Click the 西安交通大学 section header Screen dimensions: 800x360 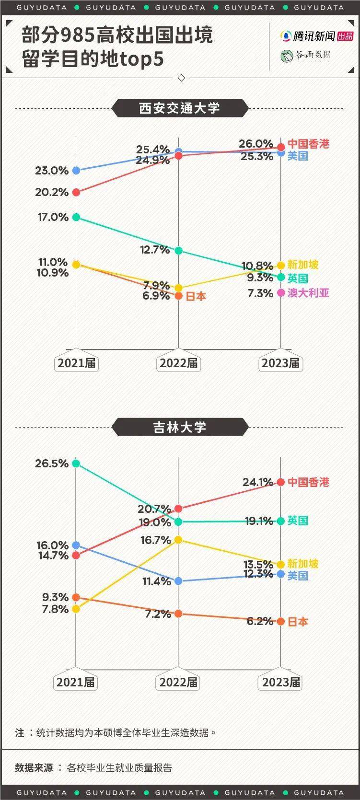click(x=180, y=108)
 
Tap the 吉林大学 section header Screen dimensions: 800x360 click(x=180, y=427)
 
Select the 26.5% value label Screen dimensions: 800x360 click(x=52, y=464)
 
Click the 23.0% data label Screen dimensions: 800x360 click(x=52, y=171)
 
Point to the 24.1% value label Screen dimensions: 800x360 click(x=258, y=482)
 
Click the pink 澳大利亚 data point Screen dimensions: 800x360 click(x=281, y=293)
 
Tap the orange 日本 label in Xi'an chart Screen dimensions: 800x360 click(x=196, y=297)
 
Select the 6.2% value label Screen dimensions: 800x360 click(x=259, y=621)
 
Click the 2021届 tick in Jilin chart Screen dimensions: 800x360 click(x=76, y=682)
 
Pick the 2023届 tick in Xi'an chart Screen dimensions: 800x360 click(x=280, y=363)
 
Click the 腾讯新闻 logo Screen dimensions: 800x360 click(x=316, y=36)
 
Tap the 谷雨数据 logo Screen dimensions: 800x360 click(x=305, y=56)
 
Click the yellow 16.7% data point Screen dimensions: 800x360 click(x=178, y=540)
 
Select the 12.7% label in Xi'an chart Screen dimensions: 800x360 click(x=155, y=250)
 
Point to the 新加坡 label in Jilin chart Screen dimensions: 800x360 click(x=303, y=564)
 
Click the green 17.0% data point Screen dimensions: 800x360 click(x=76, y=217)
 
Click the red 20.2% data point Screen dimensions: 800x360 click(x=76, y=192)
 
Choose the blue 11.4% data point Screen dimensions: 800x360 click(x=178, y=581)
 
